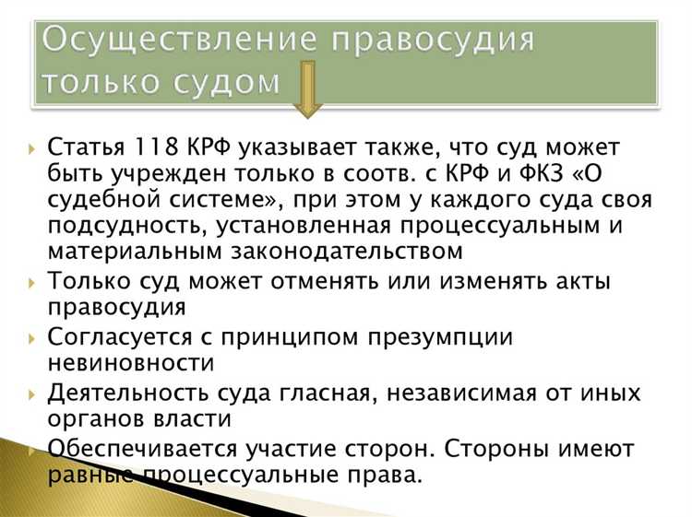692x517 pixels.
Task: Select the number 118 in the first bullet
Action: (153, 148)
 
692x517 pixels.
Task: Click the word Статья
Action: (84, 148)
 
